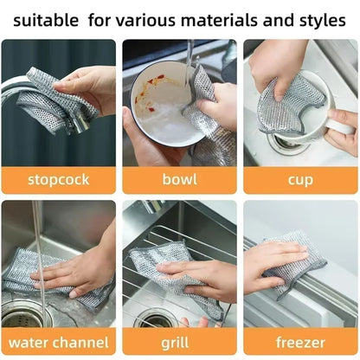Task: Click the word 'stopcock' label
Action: (x=58, y=180)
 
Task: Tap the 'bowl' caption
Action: (x=179, y=180)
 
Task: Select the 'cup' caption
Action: (x=300, y=180)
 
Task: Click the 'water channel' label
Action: (x=58, y=342)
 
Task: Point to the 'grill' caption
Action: (x=179, y=342)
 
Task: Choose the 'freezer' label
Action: (x=300, y=342)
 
